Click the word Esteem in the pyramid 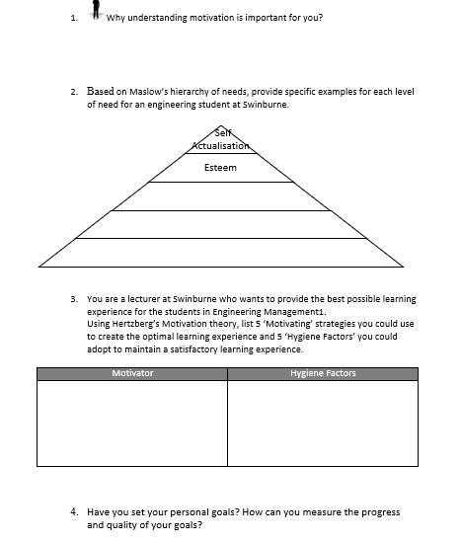pyautogui.click(x=220, y=168)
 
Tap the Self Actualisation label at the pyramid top pyautogui.click(x=219, y=141)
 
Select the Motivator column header pyautogui.click(x=132, y=373)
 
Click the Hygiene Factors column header pyautogui.click(x=323, y=373)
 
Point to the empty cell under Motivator pyautogui.click(x=132, y=422)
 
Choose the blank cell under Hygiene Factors pyautogui.click(x=323, y=422)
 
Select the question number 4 pyautogui.click(x=75, y=512)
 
